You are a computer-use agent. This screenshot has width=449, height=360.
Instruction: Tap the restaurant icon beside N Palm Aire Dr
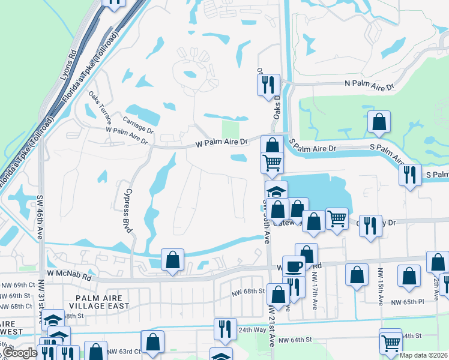pos(269,85)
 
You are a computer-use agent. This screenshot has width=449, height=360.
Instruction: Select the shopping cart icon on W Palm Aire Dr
pos(273,162)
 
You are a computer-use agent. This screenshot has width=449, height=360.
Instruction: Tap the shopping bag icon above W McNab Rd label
pos(172,260)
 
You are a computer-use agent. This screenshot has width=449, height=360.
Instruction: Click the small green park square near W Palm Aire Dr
pos(231,129)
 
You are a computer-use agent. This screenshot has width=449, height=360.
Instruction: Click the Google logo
pos(20,353)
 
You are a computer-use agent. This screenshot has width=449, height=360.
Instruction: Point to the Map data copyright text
pos(424,355)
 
